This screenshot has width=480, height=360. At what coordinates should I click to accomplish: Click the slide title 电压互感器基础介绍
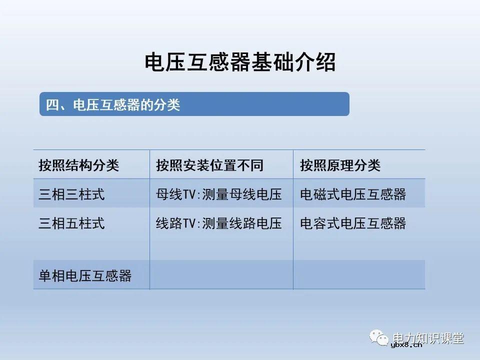pos(240,63)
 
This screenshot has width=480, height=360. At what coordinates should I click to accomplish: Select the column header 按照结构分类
pos(79,165)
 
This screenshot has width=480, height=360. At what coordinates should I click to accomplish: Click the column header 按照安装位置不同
pos(209,165)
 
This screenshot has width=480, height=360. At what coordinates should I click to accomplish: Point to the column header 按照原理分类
pos(340,165)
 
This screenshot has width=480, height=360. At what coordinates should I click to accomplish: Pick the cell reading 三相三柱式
pos(72,194)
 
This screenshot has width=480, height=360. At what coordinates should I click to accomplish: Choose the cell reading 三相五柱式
pos(72,223)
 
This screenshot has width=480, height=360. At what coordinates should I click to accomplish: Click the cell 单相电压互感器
pos(85,275)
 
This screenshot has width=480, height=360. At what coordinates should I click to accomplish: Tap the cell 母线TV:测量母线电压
pos(219,194)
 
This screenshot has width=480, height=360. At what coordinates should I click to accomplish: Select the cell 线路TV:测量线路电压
pos(219,223)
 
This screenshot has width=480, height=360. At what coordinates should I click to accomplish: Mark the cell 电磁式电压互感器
pos(353,194)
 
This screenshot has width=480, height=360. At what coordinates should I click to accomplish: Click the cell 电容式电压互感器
pos(353,223)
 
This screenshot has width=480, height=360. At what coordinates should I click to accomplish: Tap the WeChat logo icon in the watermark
pos(380,338)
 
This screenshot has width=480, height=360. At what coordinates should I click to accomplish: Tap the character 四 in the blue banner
pos(52,105)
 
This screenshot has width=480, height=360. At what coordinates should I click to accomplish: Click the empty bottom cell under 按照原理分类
pos(359,275)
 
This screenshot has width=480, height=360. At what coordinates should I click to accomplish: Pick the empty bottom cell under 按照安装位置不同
pos(221,275)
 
